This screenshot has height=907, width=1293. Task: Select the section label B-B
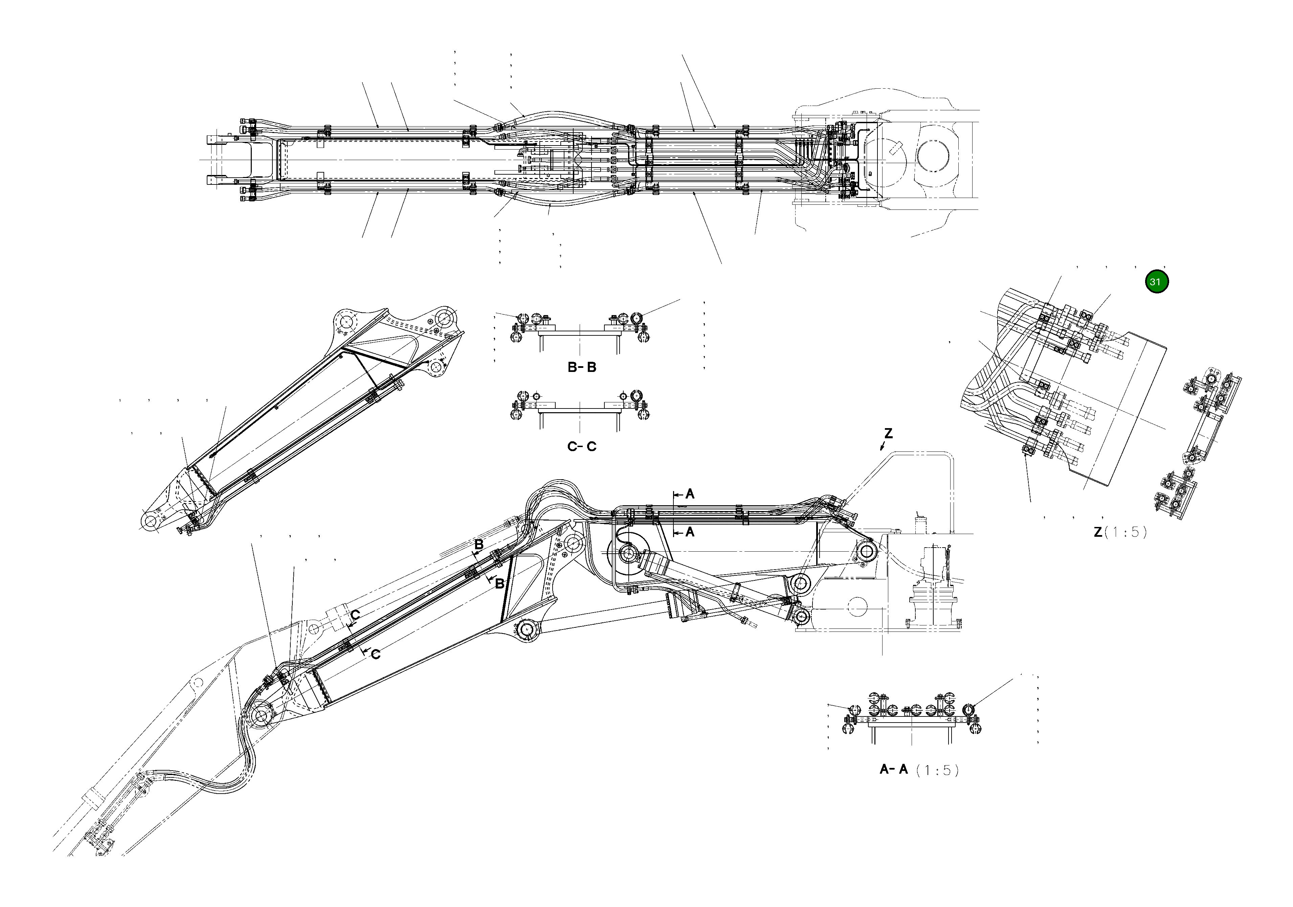click(x=582, y=367)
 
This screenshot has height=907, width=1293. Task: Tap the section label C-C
click(x=582, y=447)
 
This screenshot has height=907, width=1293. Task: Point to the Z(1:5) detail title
click(x=1119, y=532)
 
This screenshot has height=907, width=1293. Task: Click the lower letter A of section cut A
click(x=690, y=532)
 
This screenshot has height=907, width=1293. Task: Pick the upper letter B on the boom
click(x=479, y=545)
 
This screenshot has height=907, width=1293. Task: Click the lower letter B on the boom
click(x=499, y=584)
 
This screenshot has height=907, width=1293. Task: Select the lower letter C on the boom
click(x=376, y=654)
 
